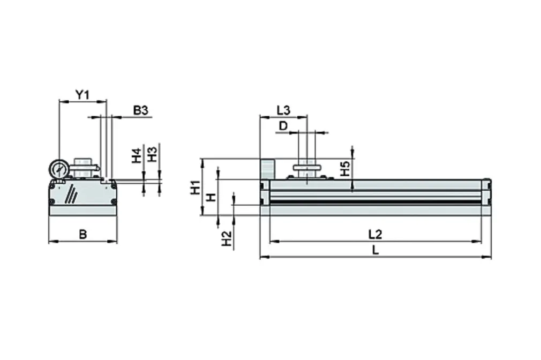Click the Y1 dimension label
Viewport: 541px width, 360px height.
81,95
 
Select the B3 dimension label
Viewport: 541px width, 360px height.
140,110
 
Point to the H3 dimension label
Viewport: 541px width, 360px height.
152,155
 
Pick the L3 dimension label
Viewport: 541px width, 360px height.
283,110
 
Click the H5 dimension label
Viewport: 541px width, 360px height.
345,169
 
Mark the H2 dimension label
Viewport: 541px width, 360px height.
227,238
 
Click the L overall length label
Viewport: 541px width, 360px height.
375,250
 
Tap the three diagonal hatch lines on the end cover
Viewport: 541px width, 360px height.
70,194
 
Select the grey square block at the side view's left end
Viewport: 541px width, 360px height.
267,169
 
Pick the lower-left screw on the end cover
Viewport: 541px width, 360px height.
52,201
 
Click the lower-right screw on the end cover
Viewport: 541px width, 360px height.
113,201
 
